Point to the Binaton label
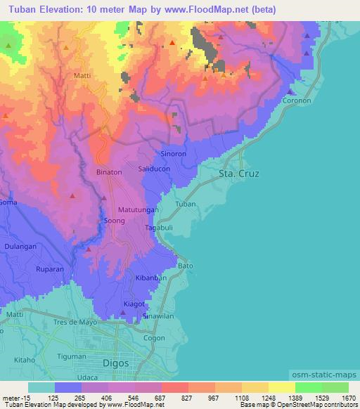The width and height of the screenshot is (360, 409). coord(109,171)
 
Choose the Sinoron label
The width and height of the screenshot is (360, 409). coord(174,153)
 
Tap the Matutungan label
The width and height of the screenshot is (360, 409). coord(139,209)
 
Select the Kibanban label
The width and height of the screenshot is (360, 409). coord(150,278)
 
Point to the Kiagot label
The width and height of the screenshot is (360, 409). coord(134,304)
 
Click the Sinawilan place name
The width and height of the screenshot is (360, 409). coord(158,317)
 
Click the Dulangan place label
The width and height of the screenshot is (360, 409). coord(20,246)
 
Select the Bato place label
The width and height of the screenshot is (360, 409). coord(186,266)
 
